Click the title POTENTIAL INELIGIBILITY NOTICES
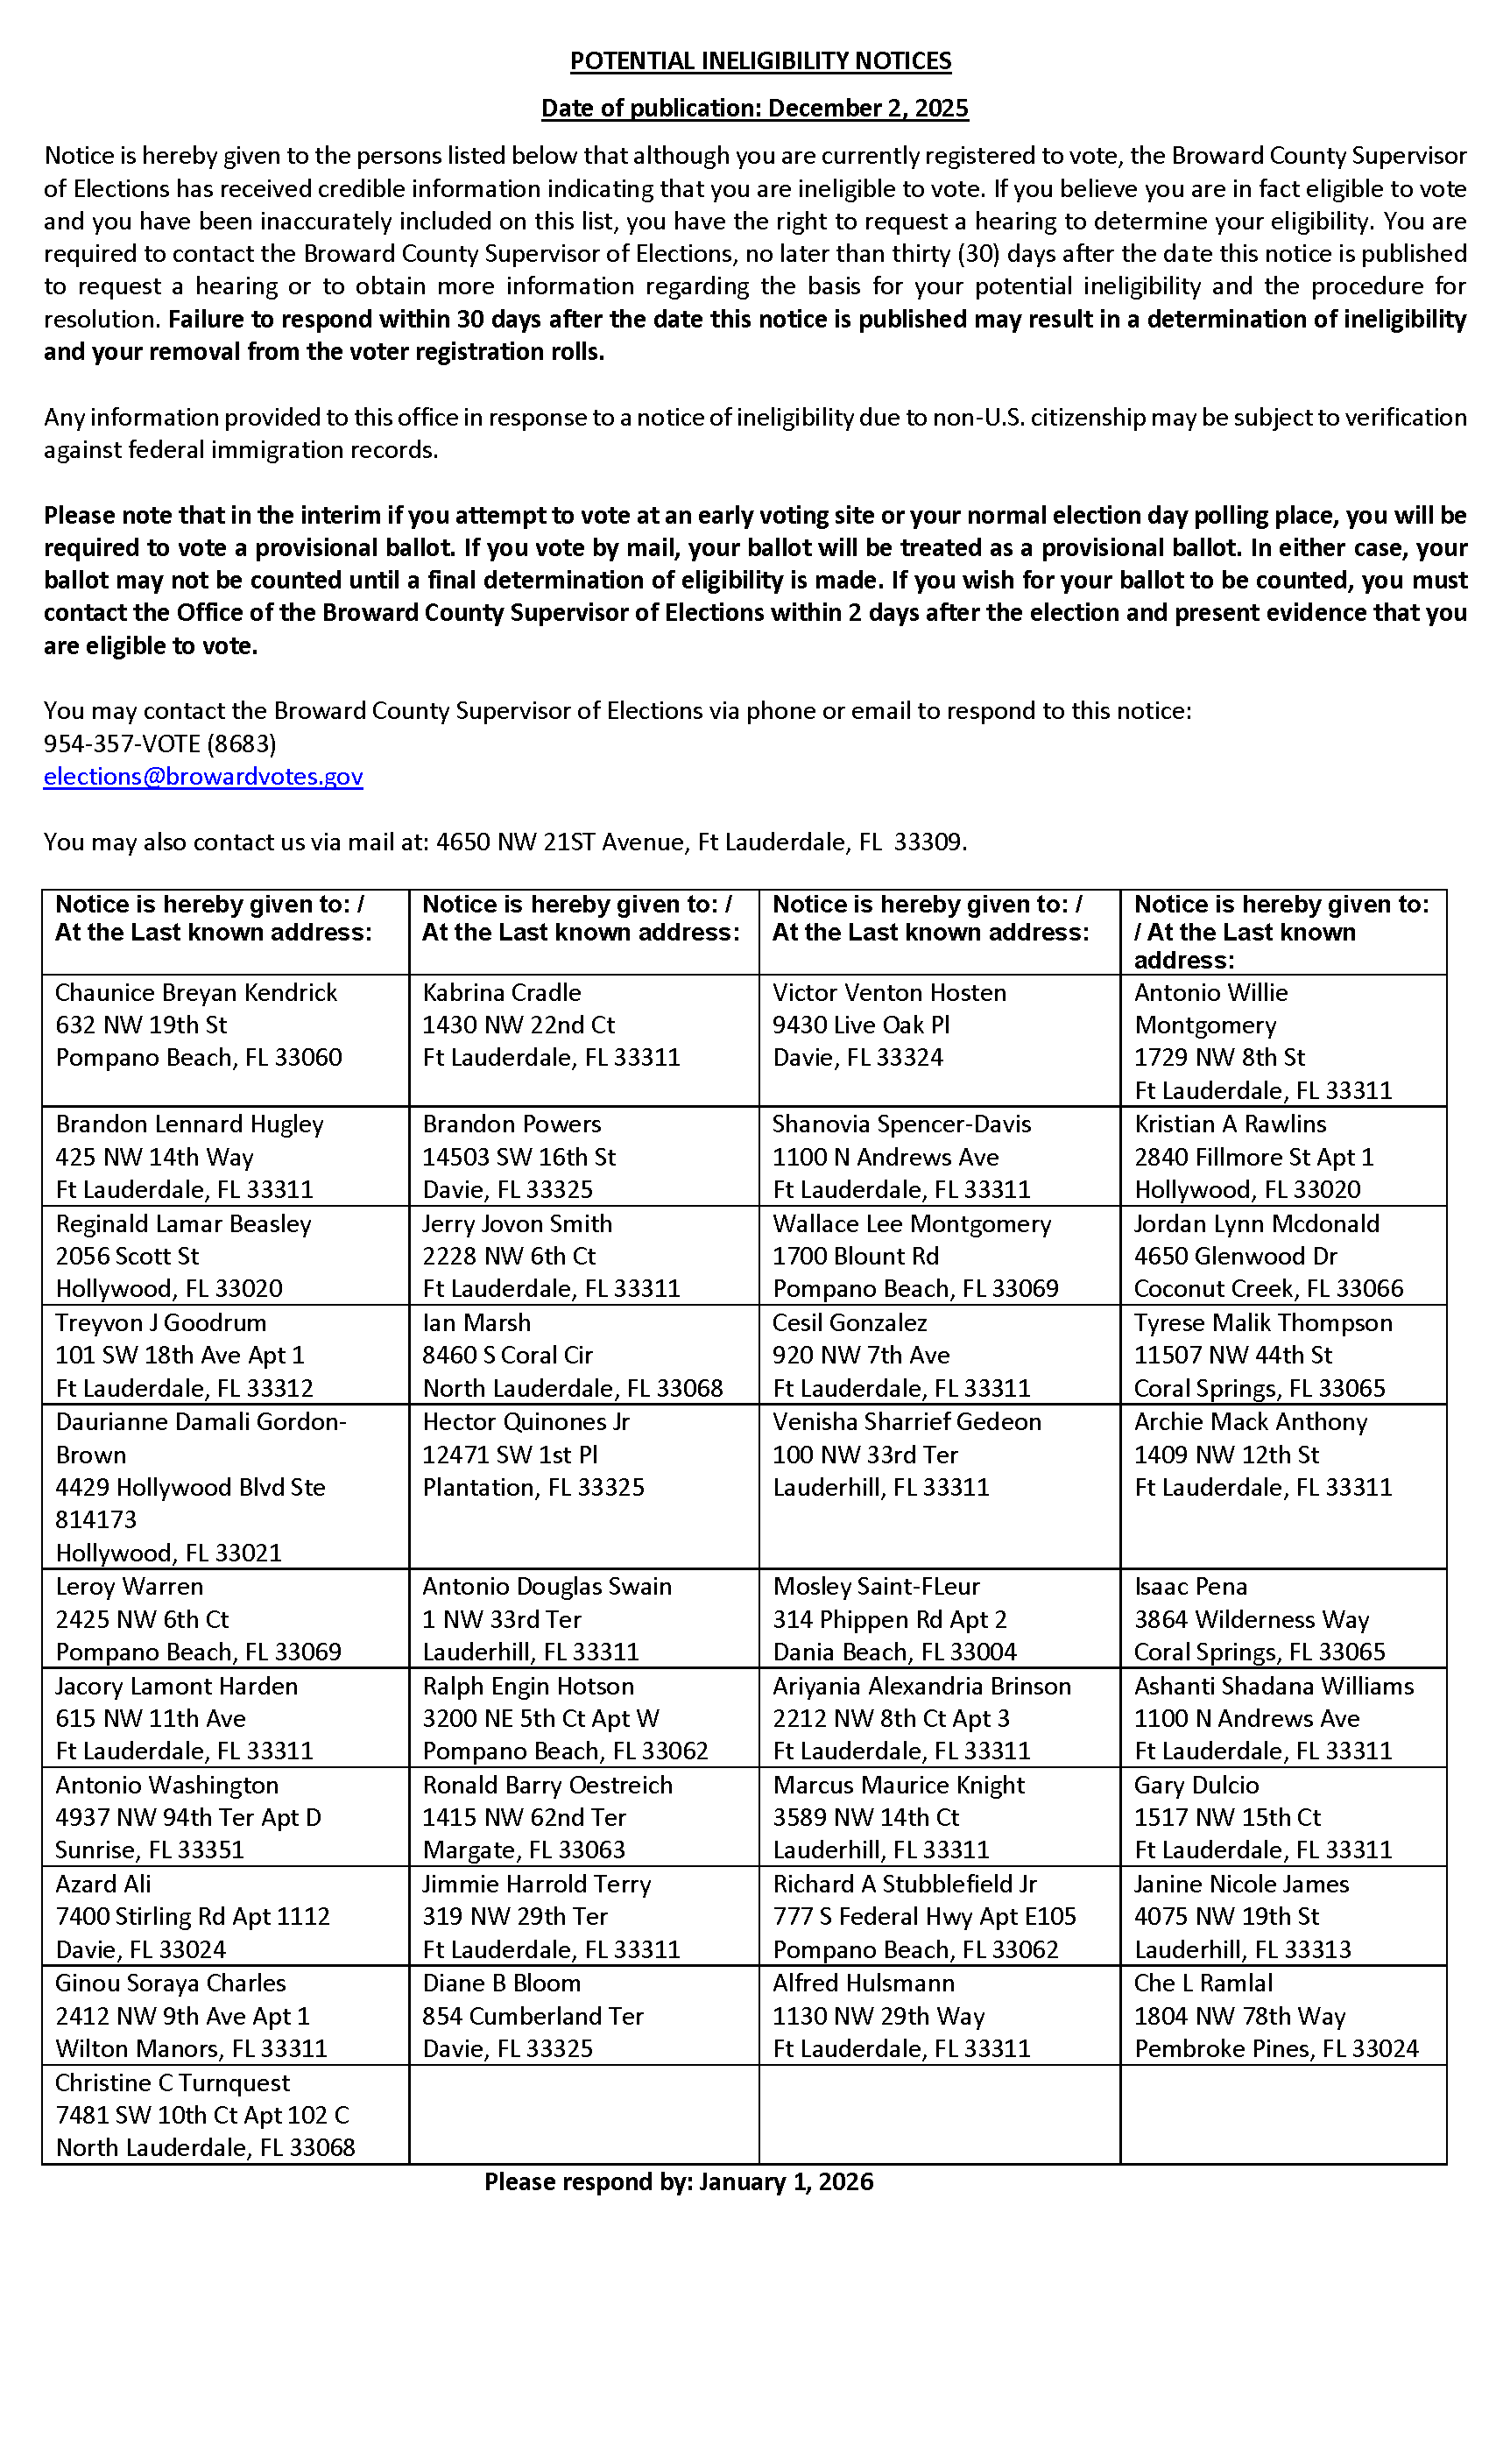tap(759, 61)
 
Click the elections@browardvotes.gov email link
tap(203, 776)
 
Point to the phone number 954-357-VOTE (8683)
tap(159, 743)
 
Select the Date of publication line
tap(754, 109)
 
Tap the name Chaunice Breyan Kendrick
tap(196, 992)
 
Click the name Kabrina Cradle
tap(502, 992)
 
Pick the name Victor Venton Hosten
tap(889, 992)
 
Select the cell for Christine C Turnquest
tap(224, 2115)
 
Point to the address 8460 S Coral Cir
tap(508, 1355)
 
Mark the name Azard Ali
tap(103, 1884)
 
